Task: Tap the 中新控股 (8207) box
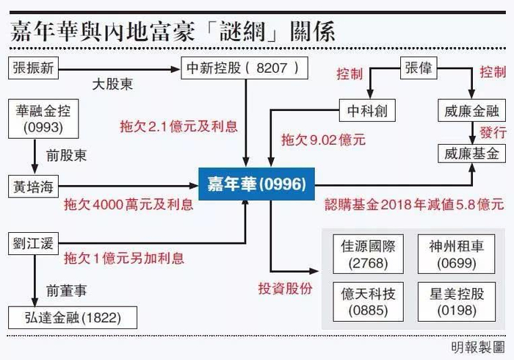[244, 68]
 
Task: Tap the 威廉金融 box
[471, 111]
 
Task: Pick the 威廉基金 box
[471, 154]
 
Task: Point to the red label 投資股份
[284, 288]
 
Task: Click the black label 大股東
[112, 84]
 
